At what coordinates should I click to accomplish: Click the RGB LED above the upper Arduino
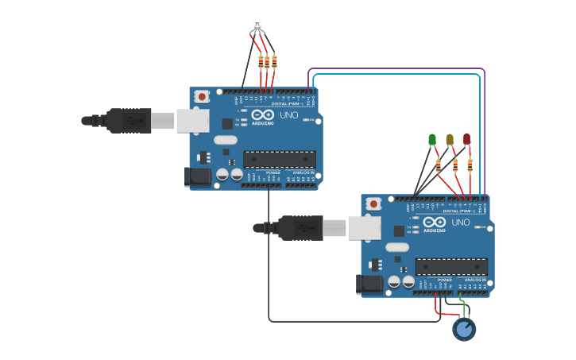tap(257, 25)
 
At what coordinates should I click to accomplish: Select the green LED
tap(432, 140)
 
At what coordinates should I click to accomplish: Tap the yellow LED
tap(450, 140)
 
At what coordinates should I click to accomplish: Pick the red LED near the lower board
tap(466, 139)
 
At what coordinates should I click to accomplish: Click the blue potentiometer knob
tap(464, 328)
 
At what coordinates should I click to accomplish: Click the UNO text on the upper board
tap(289, 115)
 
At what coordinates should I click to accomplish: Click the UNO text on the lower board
tap(461, 223)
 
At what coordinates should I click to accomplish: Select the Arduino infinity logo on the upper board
tap(262, 115)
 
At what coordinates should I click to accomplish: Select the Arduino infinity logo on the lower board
tap(434, 223)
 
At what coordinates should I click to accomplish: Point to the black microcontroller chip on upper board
tap(279, 159)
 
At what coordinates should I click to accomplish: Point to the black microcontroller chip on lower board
tap(450, 267)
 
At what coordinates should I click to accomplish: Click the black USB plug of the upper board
tap(127, 120)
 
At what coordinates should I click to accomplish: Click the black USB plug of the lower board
tap(299, 228)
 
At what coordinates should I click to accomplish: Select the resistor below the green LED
tap(438, 165)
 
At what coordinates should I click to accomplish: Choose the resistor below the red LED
tap(470, 165)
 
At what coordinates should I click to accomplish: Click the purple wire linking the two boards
tap(397, 69)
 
